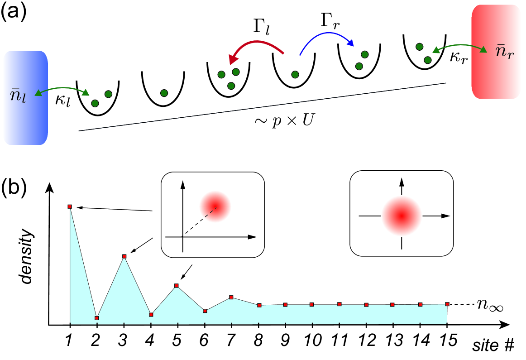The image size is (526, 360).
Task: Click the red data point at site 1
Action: (70, 206)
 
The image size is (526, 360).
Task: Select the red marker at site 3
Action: (124, 256)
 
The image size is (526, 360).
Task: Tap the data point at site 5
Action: (177, 286)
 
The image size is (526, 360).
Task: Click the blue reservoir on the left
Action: (25, 98)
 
